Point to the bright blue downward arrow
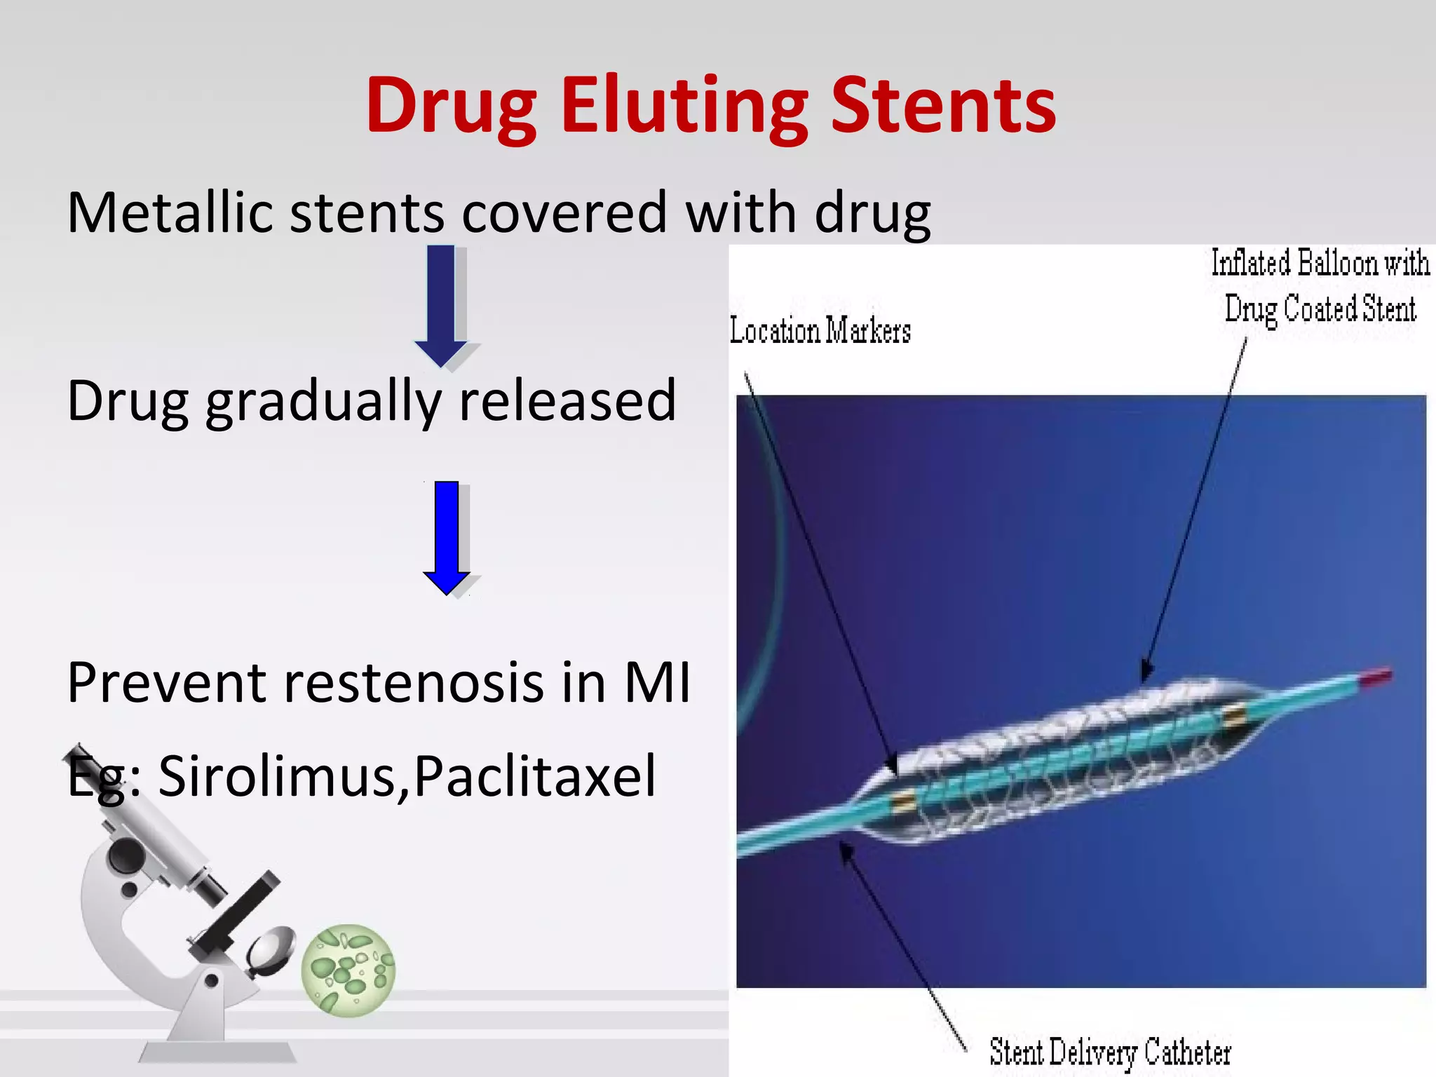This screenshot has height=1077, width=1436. (447, 536)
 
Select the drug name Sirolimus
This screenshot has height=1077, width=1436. (277, 776)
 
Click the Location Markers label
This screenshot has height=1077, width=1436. (820, 330)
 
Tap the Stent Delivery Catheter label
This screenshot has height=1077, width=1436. (1110, 1052)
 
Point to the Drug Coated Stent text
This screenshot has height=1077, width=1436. (1320, 309)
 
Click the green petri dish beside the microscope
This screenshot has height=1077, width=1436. (348, 970)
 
